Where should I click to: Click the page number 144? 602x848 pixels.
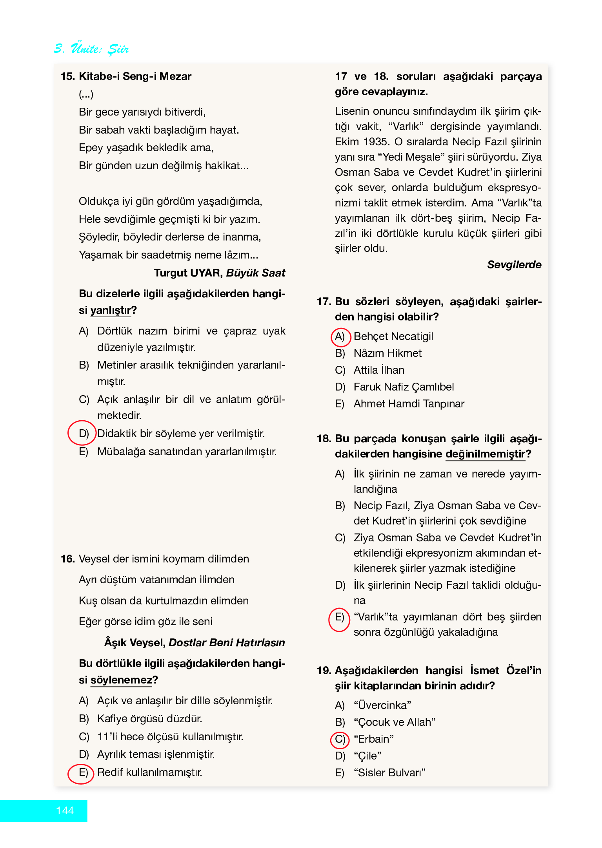tap(65, 810)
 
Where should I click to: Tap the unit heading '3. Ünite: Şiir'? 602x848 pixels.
tap(91, 49)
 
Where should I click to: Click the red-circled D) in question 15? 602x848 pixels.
tap(83, 433)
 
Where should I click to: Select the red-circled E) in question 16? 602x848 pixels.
tap(82, 773)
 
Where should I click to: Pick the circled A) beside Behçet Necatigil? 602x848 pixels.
tap(340, 337)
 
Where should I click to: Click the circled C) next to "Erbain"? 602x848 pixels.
tap(340, 740)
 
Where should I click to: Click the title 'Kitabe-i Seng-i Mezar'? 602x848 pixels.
tap(135, 76)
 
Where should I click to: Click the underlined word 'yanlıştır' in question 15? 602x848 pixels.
tap(111, 310)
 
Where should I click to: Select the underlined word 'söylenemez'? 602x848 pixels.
tap(121, 680)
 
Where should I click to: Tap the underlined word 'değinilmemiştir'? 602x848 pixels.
tap(485, 454)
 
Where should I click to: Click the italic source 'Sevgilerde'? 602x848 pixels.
tap(514, 265)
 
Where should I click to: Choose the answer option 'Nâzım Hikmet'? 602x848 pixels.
tap(387, 353)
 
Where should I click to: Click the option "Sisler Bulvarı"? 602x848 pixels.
tap(389, 773)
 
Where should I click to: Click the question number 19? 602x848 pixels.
tap(324, 671)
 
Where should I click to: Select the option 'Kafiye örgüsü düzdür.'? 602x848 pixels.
tap(150, 719)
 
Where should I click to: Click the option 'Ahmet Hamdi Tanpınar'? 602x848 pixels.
tap(409, 404)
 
